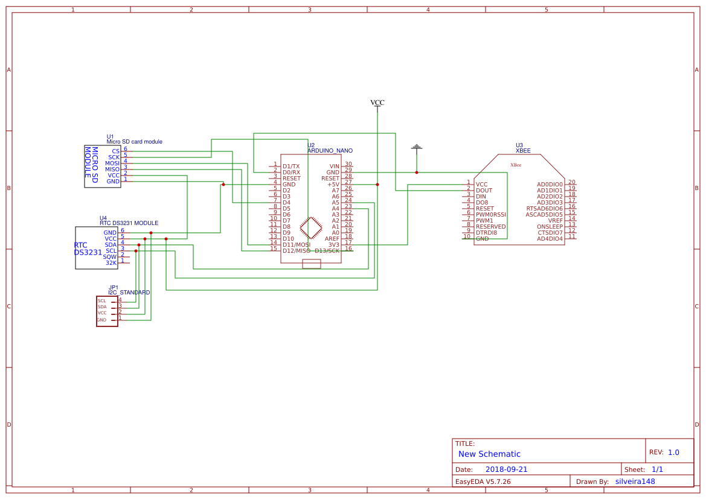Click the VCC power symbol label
(377, 103)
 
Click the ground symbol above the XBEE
(416, 147)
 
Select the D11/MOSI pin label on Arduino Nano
(296, 244)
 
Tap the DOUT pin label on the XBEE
(484, 191)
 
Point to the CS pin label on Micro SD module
(115, 151)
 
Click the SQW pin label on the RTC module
(110, 256)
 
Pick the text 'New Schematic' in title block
(489, 454)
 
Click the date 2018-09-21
(506, 469)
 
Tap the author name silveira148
(635, 482)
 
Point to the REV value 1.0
(673, 452)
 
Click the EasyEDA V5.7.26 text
(483, 482)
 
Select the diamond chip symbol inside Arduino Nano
(311, 228)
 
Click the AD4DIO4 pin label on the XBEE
(550, 238)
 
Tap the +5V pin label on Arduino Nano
(333, 184)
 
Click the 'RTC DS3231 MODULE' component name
(129, 223)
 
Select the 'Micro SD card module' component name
(134, 142)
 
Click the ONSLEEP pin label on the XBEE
(550, 226)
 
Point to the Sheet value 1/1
(657, 469)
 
